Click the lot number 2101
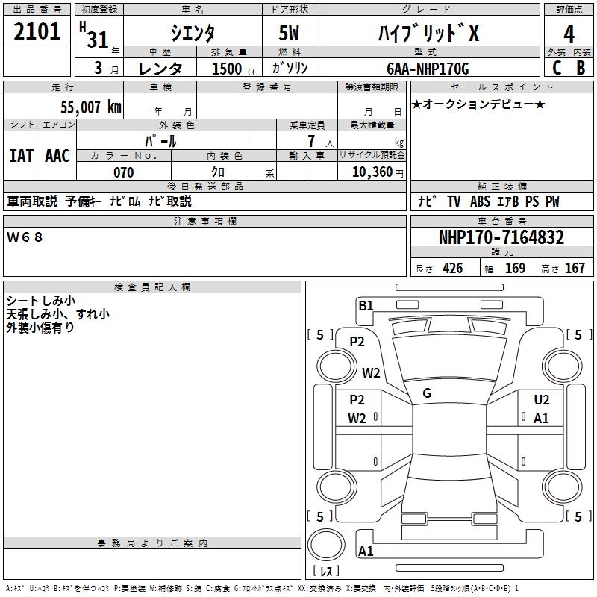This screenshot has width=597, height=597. (37, 34)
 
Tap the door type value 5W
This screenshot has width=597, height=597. (291, 34)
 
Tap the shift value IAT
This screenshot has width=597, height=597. (21, 155)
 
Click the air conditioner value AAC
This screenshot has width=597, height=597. (57, 155)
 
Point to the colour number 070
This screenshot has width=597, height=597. (123, 172)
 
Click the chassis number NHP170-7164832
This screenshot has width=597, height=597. (501, 238)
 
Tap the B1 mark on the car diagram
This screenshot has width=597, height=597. (366, 304)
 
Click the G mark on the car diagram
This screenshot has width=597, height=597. (427, 393)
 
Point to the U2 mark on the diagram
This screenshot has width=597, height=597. (542, 400)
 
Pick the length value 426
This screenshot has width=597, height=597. (452, 269)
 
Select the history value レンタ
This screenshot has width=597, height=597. (160, 69)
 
